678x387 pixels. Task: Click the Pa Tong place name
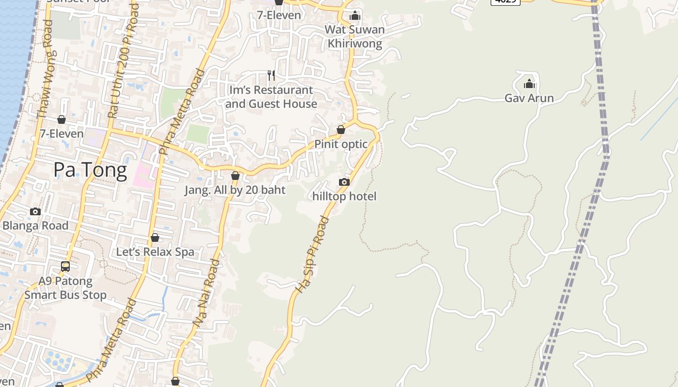tap(90, 170)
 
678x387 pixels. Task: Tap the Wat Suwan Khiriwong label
tap(355, 36)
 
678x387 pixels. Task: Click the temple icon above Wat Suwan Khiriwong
tap(355, 15)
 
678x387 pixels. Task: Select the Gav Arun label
tap(529, 98)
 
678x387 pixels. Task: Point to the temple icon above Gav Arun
tap(529, 84)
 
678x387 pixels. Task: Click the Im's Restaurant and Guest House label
tap(271, 97)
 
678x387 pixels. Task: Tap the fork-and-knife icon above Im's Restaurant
tap(271, 75)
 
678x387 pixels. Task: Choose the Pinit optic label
tap(341, 144)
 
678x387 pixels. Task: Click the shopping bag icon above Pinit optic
tap(341, 130)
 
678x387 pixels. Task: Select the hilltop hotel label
tap(344, 196)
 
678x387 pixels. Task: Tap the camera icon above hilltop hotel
tap(344, 182)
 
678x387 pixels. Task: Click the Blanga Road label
tap(35, 225)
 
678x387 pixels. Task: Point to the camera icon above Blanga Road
tap(35, 211)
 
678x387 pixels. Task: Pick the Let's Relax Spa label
tap(155, 252)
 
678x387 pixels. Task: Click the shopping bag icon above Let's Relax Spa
tap(155, 238)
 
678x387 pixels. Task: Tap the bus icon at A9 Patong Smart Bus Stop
tap(65, 266)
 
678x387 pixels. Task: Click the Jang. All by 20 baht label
tap(235, 190)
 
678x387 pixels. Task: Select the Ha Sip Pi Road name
tap(312, 254)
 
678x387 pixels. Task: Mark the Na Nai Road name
tap(206, 292)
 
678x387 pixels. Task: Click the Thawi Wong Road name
tap(45, 69)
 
